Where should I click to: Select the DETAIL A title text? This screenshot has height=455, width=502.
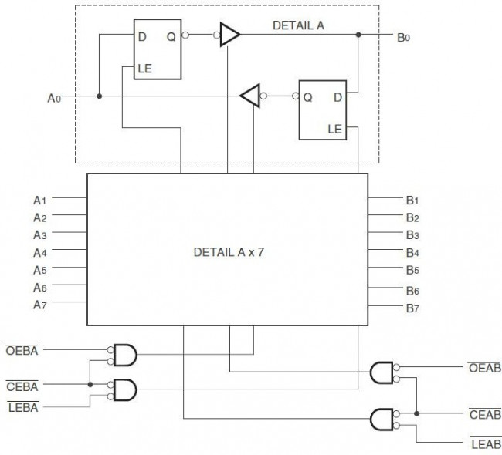coord(298,25)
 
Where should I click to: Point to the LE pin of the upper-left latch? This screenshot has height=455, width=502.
coord(144,69)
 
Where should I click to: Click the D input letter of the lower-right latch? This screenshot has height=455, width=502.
coord(337,97)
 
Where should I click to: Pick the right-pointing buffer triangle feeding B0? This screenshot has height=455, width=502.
coord(229,34)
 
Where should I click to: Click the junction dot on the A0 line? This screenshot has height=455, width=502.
coord(99,96)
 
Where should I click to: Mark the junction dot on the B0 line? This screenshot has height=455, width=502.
coord(358,35)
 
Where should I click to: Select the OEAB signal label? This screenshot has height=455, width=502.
coord(484,368)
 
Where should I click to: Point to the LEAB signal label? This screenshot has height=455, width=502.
coord(484,444)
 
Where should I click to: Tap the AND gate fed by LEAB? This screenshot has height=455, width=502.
coord(382,420)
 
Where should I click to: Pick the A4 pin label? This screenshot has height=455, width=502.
coord(41,252)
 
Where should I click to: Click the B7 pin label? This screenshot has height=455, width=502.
coord(412,308)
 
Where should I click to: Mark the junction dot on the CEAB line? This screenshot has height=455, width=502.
coord(416,413)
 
